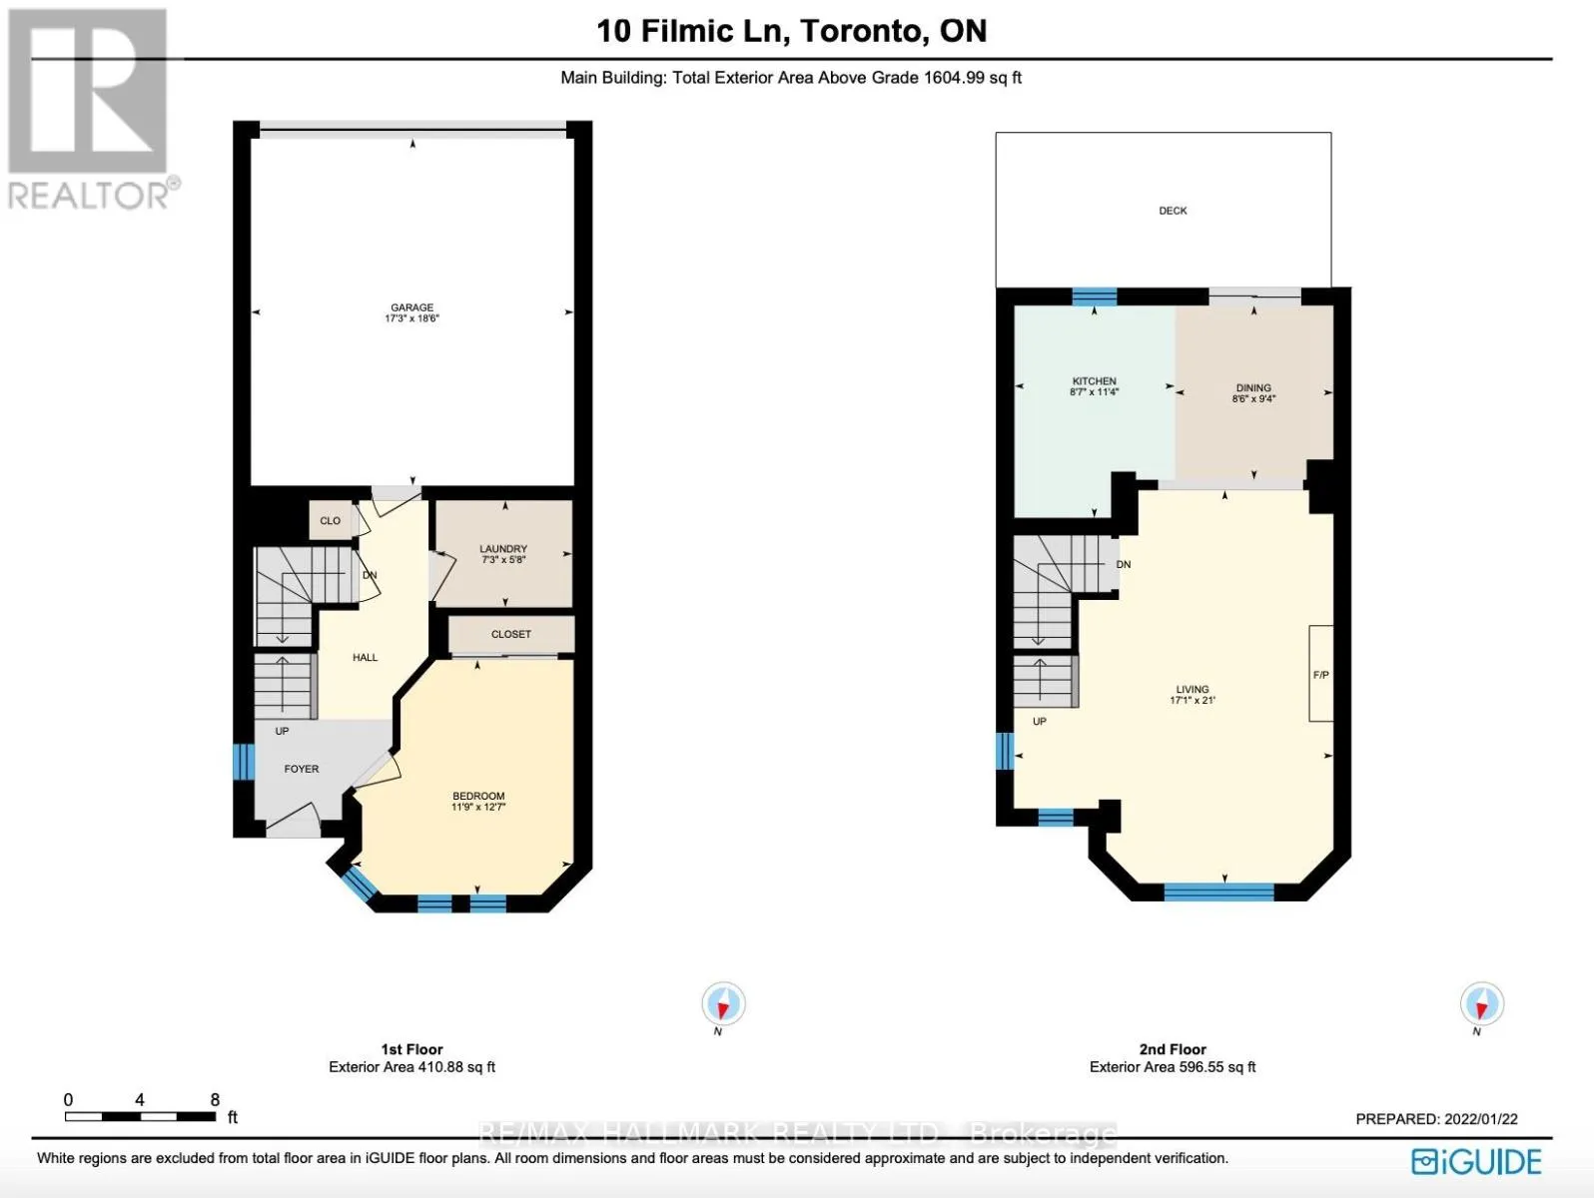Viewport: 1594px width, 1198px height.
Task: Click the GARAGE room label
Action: pyautogui.click(x=411, y=307)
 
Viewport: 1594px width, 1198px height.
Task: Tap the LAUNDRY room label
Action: pyautogui.click(x=503, y=549)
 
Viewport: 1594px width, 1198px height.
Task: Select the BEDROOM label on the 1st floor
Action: pyautogui.click(x=477, y=796)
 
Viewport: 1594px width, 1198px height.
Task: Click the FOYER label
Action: pyautogui.click(x=302, y=769)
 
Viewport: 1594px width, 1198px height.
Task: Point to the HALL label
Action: pyautogui.click(x=366, y=658)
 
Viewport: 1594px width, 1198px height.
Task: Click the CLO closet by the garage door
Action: pyautogui.click(x=331, y=520)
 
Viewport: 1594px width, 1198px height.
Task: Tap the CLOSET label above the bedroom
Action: pyautogui.click(x=511, y=634)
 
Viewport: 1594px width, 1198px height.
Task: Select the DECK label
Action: pyautogui.click(x=1173, y=211)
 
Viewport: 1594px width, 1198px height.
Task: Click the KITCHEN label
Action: pyautogui.click(x=1095, y=381)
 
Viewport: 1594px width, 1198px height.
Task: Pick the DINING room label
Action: pyautogui.click(x=1253, y=388)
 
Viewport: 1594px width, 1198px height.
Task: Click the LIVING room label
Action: pyautogui.click(x=1193, y=689)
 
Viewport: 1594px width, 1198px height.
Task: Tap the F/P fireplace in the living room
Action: pyautogui.click(x=1321, y=674)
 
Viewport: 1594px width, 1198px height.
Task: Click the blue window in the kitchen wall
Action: pyautogui.click(x=1095, y=297)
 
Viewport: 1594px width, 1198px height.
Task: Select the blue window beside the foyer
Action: pyautogui.click(x=246, y=761)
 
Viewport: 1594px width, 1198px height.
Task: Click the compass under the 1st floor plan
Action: pyautogui.click(x=723, y=1004)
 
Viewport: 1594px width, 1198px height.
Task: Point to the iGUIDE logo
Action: pyautogui.click(x=1476, y=1162)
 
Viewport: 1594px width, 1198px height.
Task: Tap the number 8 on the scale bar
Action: pyautogui.click(x=215, y=1100)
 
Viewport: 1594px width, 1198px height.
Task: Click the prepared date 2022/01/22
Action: pyautogui.click(x=1481, y=1119)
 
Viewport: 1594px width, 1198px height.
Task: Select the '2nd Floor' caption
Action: pyautogui.click(x=1173, y=1049)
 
